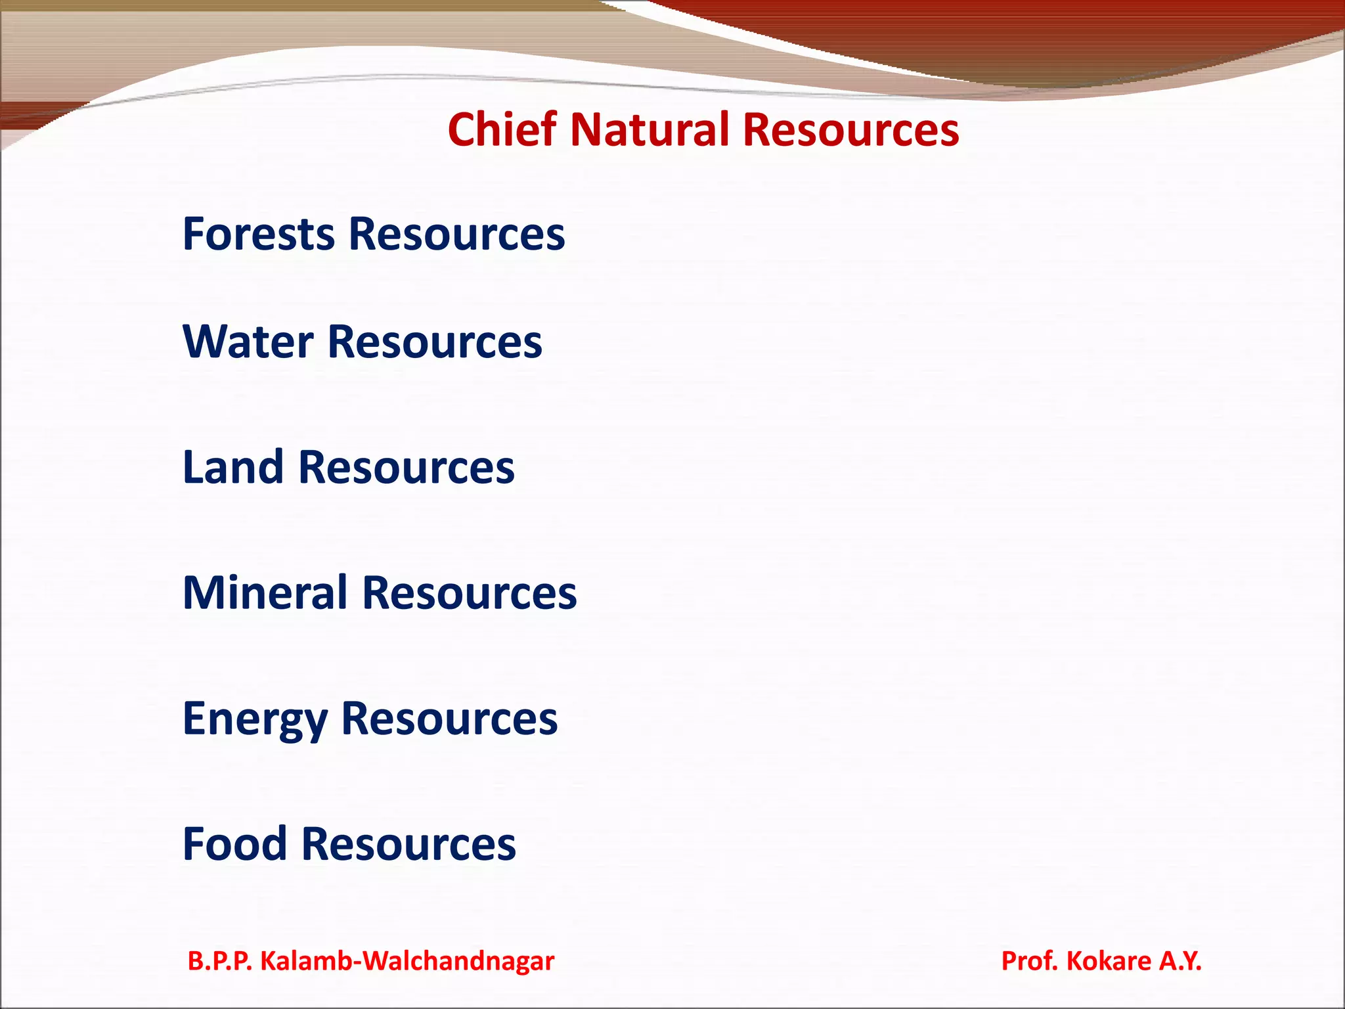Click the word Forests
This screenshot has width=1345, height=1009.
(259, 234)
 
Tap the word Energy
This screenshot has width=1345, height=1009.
(255, 719)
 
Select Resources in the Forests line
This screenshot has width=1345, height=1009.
(456, 234)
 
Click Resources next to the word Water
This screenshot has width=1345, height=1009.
(435, 342)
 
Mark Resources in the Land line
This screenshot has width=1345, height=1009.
(407, 468)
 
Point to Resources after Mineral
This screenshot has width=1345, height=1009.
(470, 593)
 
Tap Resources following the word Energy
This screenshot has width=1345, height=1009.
(450, 719)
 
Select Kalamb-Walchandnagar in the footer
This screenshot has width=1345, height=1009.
(407, 961)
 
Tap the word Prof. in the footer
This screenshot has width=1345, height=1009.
(1029, 961)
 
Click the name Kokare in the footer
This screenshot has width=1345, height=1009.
(1109, 961)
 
